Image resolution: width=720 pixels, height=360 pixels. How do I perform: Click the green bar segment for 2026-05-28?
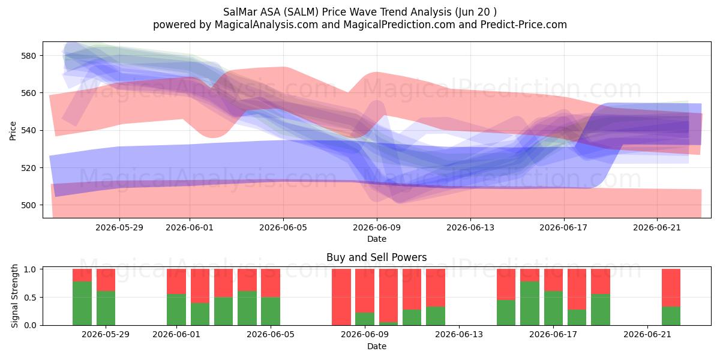click(82, 303)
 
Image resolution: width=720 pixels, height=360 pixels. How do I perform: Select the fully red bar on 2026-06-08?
click(341, 297)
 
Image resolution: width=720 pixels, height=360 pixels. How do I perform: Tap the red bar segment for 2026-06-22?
click(671, 287)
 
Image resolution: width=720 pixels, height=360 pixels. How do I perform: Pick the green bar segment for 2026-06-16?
click(530, 303)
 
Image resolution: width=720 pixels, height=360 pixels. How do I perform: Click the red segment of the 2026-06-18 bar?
click(577, 289)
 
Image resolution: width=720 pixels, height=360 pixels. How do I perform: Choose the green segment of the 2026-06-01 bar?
click(176, 310)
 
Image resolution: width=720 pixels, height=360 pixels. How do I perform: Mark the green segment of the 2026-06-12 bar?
click(436, 316)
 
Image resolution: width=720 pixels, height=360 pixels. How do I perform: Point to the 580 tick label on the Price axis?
click(28, 56)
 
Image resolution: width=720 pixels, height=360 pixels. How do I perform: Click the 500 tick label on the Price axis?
click(28, 205)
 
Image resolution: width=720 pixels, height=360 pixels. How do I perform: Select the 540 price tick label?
click(28, 131)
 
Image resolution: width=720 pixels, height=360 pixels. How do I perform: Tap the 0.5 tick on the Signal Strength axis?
click(30, 298)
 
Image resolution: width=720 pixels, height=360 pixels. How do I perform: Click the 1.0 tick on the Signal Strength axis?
click(30, 269)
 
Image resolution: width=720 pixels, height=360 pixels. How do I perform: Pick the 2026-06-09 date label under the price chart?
click(377, 227)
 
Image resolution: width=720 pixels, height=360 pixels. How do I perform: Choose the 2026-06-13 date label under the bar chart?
click(458, 335)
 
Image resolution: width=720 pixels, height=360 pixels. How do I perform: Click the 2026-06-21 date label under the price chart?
click(657, 227)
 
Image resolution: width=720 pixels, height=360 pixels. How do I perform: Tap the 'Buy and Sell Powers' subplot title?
click(376, 257)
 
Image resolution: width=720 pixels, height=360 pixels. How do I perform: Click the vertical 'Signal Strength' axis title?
click(14, 296)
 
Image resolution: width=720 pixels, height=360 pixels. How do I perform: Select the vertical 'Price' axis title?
click(13, 131)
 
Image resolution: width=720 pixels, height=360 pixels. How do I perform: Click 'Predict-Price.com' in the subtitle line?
click(524, 25)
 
